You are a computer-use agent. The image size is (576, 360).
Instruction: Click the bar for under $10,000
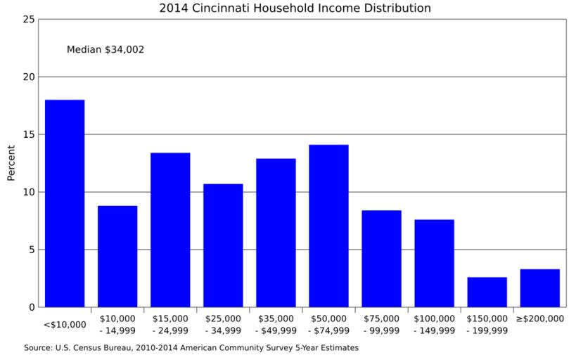[x=65, y=204]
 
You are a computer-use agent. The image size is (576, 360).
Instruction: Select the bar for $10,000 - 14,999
[x=117, y=257]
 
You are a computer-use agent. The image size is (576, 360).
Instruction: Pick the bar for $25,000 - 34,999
[x=223, y=245]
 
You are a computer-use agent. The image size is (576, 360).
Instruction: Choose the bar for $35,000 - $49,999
[x=276, y=233]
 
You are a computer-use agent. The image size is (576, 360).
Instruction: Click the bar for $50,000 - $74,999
[x=328, y=226]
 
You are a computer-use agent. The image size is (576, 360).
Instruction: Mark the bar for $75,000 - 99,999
[x=381, y=259]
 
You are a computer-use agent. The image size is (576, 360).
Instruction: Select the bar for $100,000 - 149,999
[x=434, y=264]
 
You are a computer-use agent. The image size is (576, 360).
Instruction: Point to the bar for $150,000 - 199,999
[x=487, y=292]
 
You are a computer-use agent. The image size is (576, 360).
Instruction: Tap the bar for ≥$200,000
[x=539, y=288]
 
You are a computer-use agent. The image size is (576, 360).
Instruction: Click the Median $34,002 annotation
[x=105, y=50]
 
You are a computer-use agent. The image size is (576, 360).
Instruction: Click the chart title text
[x=295, y=8]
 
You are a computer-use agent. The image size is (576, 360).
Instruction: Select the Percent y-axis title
[x=11, y=163]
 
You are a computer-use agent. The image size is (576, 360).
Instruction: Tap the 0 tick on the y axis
[x=32, y=307]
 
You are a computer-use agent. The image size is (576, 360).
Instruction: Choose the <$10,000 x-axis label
[x=65, y=325]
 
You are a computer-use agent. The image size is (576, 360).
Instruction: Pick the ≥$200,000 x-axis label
[x=539, y=319]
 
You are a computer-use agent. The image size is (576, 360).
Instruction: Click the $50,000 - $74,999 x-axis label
[x=328, y=325]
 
